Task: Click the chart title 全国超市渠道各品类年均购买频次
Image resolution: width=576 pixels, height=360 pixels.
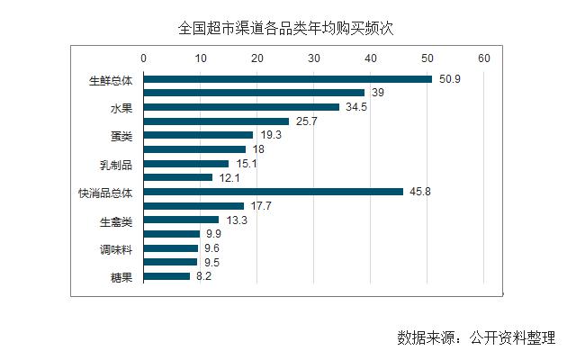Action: (x=286, y=28)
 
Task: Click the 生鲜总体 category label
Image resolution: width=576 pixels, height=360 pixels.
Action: (x=111, y=79)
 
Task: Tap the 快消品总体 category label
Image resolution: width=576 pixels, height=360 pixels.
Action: (x=105, y=193)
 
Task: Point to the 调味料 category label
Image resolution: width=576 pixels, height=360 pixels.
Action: (x=115, y=249)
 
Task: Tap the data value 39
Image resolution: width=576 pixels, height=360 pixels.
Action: (x=378, y=93)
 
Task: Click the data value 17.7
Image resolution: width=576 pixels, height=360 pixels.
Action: (x=261, y=206)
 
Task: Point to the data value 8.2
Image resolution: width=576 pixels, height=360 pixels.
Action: (x=204, y=276)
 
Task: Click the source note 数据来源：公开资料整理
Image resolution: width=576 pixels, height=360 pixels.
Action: (x=476, y=337)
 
